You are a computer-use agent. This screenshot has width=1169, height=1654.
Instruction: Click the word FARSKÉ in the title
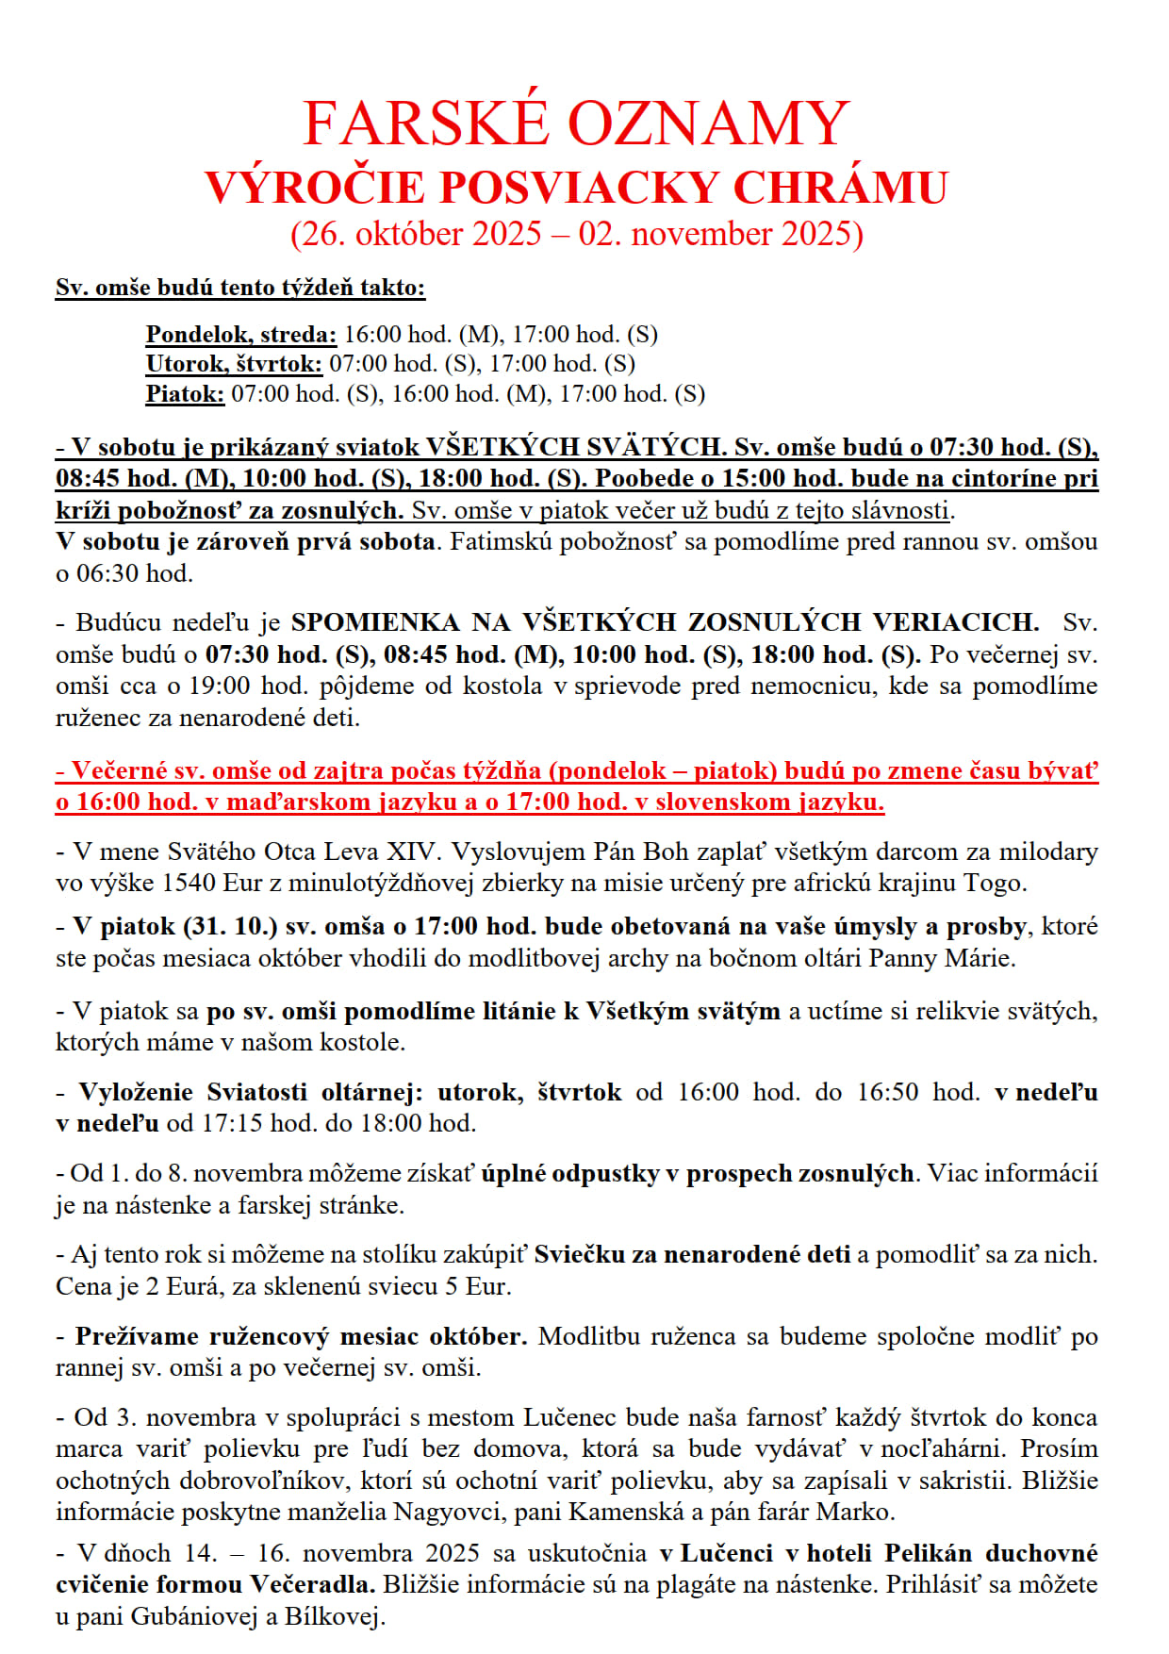pos(427,124)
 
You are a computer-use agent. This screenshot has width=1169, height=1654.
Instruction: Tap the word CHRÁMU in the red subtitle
pos(840,187)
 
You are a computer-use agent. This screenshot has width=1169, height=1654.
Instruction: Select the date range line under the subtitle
pos(576,234)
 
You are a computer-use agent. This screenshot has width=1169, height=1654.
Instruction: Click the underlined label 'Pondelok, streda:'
pos(240,334)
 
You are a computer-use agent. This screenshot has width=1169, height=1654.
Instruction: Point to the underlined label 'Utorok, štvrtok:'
pos(234,364)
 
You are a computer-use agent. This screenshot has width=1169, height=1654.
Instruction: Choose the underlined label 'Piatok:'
pos(185,394)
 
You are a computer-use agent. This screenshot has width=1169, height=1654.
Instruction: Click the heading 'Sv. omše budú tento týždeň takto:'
pos(240,288)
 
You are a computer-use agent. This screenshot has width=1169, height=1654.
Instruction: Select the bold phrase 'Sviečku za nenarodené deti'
pos(692,1255)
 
